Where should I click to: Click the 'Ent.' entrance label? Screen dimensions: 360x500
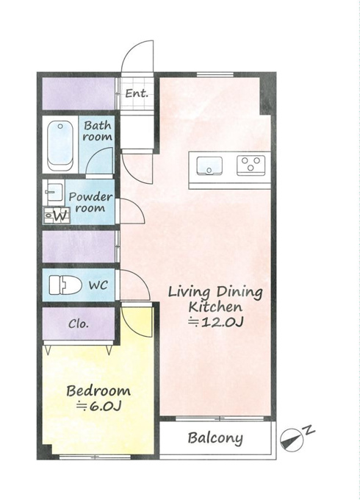click(137, 93)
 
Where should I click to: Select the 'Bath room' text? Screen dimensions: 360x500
click(98, 131)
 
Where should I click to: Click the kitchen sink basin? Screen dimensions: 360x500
click(209, 166)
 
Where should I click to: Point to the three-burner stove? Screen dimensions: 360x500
click(251, 165)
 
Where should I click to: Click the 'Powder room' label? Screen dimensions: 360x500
click(91, 202)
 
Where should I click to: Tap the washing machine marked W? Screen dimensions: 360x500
click(57, 215)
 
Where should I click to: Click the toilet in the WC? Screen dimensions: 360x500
click(65, 285)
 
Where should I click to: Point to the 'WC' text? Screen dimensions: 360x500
click(98, 285)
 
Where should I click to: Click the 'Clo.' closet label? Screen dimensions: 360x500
click(79, 324)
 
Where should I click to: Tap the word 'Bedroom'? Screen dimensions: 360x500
click(98, 391)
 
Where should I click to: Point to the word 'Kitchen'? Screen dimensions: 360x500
click(215, 307)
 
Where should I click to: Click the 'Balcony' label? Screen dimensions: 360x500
click(215, 438)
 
